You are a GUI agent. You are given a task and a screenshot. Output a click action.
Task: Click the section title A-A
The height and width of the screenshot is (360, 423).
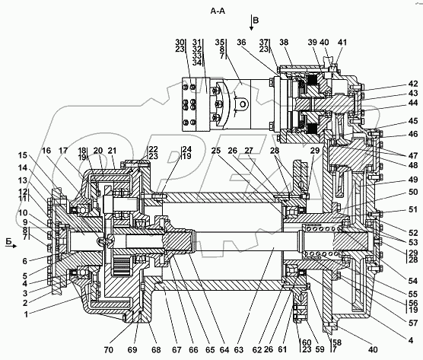click(218, 11)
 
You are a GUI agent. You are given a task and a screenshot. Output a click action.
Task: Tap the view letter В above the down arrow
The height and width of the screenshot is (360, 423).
click(256, 21)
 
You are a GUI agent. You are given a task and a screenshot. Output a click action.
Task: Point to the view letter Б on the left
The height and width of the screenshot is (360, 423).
click(9, 241)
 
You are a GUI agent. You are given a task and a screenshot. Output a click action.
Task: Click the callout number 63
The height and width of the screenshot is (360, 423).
click(238, 350)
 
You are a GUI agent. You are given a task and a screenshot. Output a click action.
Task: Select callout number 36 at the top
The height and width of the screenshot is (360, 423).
click(241, 42)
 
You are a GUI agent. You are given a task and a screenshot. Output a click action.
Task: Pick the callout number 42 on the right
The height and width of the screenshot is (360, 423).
click(413, 84)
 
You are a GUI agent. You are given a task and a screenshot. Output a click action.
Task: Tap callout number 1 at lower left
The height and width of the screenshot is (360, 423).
click(26, 314)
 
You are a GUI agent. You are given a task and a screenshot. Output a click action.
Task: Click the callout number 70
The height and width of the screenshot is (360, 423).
click(109, 350)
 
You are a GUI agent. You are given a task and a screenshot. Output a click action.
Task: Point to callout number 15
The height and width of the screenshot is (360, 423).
click(23, 155)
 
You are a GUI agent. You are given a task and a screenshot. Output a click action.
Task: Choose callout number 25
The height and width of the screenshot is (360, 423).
click(216, 150)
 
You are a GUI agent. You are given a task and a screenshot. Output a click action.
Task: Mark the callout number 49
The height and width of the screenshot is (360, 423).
click(413, 180)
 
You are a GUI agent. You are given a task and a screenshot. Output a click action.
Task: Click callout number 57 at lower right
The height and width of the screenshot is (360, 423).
click(413, 323)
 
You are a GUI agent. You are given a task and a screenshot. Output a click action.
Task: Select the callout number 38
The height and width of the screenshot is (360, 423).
click(284, 42)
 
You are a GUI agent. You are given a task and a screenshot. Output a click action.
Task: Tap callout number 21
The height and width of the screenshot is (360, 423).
click(113, 150)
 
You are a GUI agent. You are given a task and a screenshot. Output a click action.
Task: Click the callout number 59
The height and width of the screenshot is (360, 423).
click(320, 349)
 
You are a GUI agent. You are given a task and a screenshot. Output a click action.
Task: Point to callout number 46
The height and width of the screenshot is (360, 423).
click(413, 134)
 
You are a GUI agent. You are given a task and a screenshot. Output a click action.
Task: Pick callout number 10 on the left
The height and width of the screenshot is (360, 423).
click(23, 212)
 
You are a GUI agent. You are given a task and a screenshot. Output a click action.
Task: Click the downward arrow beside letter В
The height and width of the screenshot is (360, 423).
click(251, 23)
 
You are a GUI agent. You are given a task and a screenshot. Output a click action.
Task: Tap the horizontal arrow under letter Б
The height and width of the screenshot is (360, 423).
click(11, 246)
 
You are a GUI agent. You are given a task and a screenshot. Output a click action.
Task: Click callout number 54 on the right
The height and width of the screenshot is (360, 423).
click(413, 281)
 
